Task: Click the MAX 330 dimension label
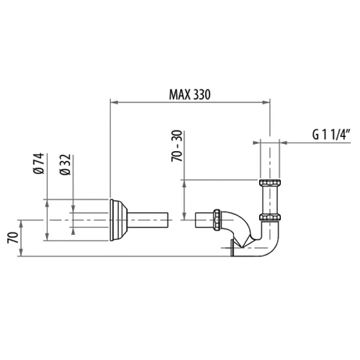[x=189, y=94]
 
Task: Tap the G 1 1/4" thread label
[x=331, y=135]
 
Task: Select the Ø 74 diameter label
[x=39, y=163]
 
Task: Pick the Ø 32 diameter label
[x=66, y=165]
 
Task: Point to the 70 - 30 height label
[x=177, y=145]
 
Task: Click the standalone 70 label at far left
[x=13, y=238]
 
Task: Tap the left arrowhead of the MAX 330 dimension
[x=114, y=102]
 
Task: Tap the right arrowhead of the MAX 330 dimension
[x=266, y=102]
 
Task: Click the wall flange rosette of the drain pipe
[x=118, y=220]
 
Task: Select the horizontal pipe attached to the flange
[x=147, y=220]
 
